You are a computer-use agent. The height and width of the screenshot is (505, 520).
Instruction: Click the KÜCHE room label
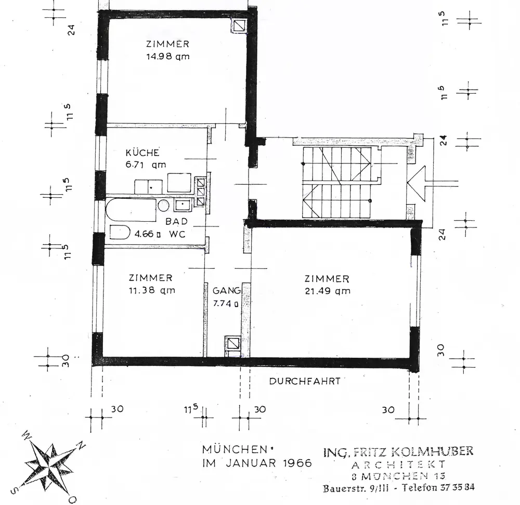(x=142, y=153)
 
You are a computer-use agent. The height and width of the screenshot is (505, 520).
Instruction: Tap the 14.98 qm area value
(x=168, y=56)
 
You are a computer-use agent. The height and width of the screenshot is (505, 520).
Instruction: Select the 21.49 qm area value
(x=327, y=291)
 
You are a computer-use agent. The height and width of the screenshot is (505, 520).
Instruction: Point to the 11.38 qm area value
(x=152, y=290)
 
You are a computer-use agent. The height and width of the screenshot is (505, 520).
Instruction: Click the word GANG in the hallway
(x=227, y=291)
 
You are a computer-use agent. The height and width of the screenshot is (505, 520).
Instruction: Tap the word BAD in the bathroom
(x=176, y=221)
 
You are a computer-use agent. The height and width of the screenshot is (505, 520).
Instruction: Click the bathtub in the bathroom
(x=131, y=210)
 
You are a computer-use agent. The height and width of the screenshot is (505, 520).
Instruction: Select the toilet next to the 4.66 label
(x=120, y=232)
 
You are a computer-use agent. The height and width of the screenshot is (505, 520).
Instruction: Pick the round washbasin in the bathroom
(x=163, y=206)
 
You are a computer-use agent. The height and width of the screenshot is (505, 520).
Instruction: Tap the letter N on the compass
(x=81, y=445)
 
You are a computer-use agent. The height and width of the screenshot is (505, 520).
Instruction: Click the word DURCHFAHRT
(x=305, y=381)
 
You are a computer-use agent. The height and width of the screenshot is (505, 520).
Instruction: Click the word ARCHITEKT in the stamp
(x=398, y=464)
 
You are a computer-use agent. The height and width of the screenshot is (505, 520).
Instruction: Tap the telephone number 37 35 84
(x=457, y=487)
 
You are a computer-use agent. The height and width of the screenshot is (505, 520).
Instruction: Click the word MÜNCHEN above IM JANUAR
(x=235, y=449)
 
